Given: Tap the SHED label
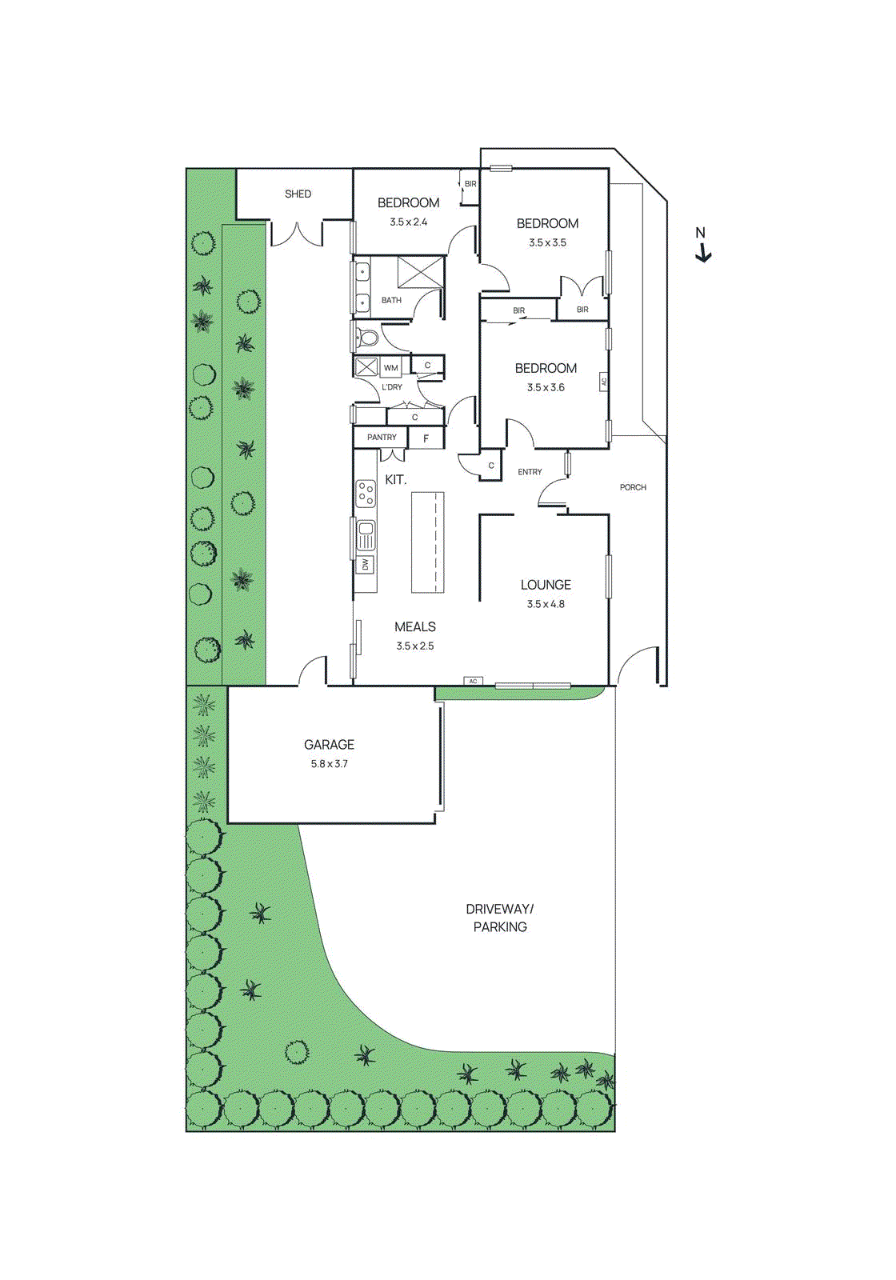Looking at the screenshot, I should (298, 194).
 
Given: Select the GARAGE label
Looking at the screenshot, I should (329, 744).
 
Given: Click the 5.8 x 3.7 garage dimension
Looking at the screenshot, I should (329, 764).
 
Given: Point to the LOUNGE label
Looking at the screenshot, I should (546, 585).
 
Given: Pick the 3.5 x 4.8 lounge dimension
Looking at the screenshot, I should (546, 604).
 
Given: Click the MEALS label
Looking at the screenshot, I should (415, 626).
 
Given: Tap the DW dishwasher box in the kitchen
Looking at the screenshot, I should (366, 564).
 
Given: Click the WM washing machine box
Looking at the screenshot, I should (390, 368).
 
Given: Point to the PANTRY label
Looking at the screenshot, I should (382, 438).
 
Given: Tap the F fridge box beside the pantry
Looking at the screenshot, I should (426, 438).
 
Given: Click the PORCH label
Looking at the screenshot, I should (633, 487).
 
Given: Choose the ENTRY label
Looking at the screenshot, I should (530, 472).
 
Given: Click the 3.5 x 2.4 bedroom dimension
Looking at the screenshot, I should (409, 222).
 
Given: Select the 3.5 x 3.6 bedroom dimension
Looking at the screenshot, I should (546, 387).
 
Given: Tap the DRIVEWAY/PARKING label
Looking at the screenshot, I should (500, 918).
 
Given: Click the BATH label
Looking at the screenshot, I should (391, 300).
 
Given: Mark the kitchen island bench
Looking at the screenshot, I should (427, 542).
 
